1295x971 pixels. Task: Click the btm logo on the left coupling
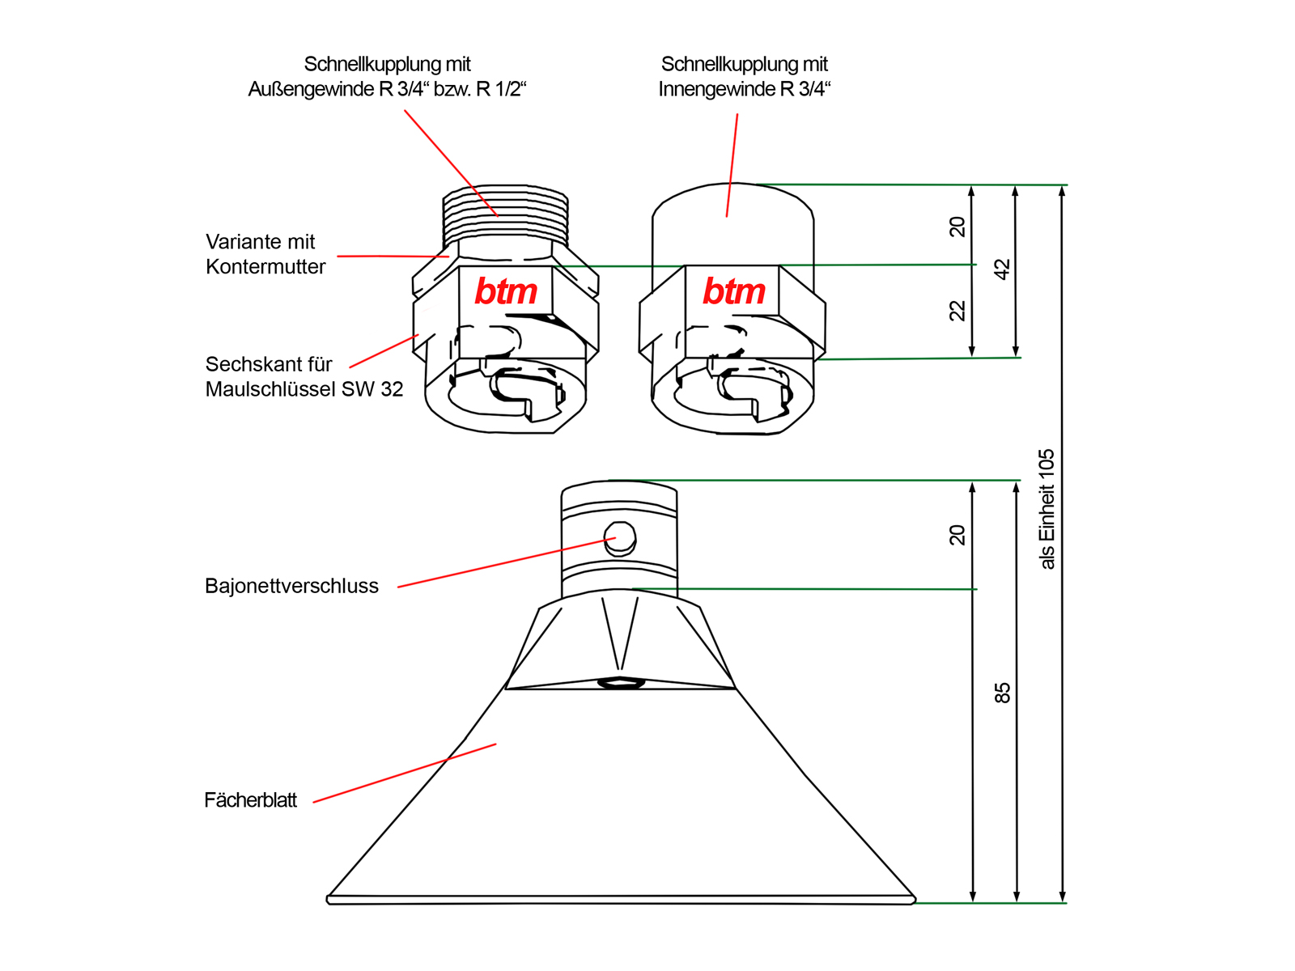tap(506, 291)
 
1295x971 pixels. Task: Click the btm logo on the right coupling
tap(733, 291)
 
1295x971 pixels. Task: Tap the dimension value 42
tap(1002, 269)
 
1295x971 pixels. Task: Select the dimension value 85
tap(1002, 693)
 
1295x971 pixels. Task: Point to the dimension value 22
tap(957, 311)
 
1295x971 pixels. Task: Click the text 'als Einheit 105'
tap(1047, 509)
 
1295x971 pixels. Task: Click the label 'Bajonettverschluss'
tap(291, 586)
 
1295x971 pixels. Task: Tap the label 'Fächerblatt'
tap(250, 800)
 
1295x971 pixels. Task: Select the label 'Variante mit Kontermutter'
tap(265, 254)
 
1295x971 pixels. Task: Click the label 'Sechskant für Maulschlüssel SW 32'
tap(304, 377)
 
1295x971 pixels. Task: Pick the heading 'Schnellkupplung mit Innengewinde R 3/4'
tap(745, 76)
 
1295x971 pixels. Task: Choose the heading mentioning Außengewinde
tap(387, 76)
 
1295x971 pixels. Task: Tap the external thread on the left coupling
tap(505, 212)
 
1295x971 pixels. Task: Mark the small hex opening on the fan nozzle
tap(621, 683)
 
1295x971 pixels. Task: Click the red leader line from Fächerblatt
tap(405, 773)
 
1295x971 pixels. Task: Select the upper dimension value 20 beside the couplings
tap(957, 227)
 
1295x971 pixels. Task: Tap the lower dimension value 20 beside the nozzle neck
tap(957, 535)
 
